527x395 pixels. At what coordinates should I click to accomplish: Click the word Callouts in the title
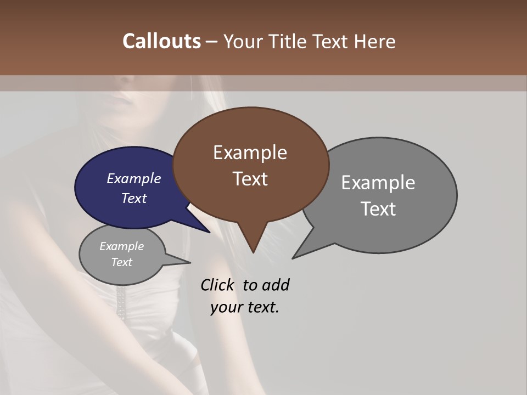[x=161, y=41]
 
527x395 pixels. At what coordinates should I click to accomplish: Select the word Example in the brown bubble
[x=250, y=153]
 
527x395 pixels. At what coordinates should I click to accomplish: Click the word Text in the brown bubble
[x=250, y=179]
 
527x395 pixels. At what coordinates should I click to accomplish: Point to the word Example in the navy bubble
[x=133, y=178]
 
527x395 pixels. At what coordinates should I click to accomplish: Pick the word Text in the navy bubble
[x=133, y=198]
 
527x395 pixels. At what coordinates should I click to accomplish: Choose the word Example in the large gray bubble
[x=378, y=183]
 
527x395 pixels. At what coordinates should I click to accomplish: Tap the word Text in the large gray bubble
[x=378, y=209]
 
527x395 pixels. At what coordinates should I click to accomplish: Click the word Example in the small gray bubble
[x=121, y=246]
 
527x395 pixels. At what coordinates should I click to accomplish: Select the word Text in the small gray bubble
[x=121, y=262]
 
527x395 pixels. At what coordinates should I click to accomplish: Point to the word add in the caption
[x=276, y=285]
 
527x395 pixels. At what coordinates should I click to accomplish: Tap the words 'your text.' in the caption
[x=244, y=307]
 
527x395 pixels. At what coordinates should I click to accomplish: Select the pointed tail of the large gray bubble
[x=299, y=253]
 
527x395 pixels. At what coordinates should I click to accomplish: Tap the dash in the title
[x=212, y=41]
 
